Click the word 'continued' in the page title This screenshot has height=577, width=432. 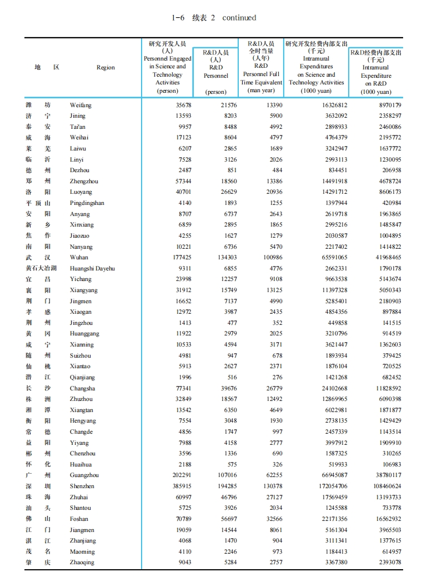[239, 18]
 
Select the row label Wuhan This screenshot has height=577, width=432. [79, 258]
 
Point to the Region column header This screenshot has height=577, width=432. [106, 68]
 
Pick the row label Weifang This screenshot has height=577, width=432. [81, 105]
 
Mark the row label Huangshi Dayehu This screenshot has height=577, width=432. [92, 268]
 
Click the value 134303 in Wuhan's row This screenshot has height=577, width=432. [225, 258]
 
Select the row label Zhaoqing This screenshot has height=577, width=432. [82, 563]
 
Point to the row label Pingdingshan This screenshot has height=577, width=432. [87, 203]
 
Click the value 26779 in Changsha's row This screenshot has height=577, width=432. [273, 388]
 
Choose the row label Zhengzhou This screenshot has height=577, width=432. [85, 182]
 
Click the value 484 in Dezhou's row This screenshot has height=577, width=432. [277, 170]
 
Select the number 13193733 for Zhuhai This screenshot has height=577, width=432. [383, 497]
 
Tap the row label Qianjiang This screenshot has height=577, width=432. [82, 377]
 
